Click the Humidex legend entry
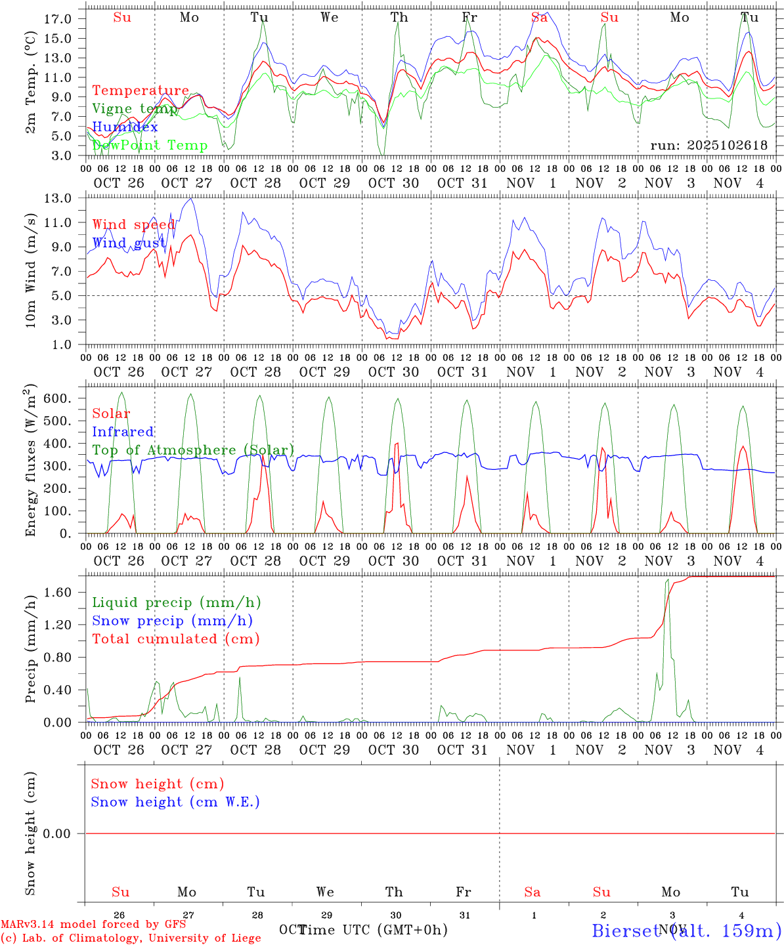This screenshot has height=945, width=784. (x=125, y=127)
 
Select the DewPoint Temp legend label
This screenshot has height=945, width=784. (x=150, y=146)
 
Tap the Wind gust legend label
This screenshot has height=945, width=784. (x=129, y=243)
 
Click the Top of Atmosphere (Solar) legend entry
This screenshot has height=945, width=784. (x=193, y=450)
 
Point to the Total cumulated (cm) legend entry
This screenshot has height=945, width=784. (x=176, y=639)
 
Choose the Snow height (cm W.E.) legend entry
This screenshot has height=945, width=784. (x=175, y=802)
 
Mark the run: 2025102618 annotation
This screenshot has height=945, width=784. (x=708, y=146)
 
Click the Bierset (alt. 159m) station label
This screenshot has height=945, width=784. (x=686, y=931)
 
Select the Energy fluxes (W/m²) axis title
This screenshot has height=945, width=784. (x=31, y=463)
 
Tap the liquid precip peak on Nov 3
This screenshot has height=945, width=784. (x=668, y=580)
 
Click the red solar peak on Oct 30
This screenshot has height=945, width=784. (x=397, y=444)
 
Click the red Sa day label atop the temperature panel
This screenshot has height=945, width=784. (x=539, y=18)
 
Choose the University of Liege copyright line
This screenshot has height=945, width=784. (x=131, y=938)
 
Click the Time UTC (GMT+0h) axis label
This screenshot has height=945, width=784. (x=373, y=930)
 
